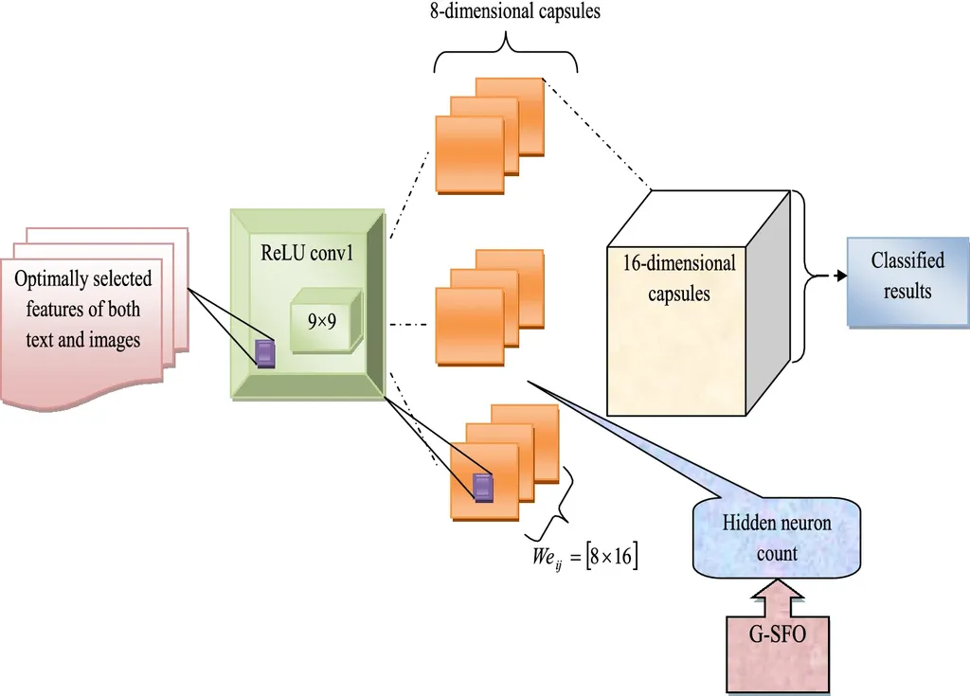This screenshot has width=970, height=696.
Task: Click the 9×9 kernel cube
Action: point(323,320)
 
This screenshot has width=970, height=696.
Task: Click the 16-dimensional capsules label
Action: point(678,278)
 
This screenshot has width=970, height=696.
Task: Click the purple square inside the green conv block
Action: point(266,354)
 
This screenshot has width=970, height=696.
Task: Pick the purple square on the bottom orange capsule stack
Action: point(483,487)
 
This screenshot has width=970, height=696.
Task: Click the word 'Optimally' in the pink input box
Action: point(49,280)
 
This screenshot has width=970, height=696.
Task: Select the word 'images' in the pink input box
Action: point(114,339)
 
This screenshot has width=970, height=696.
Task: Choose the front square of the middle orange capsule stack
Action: point(469,325)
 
